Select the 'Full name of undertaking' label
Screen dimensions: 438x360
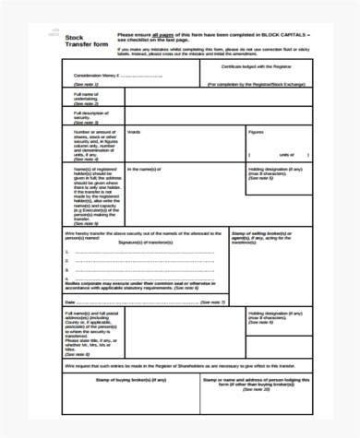pyautogui.click(x=84, y=96)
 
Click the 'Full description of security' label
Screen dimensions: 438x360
pyautogui.click(x=86, y=114)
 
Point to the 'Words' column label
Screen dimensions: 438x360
pyautogui.click(x=134, y=132)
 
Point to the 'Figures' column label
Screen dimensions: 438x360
pyautogui.click(x=255, y=132)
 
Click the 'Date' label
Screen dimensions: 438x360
pyautogui.click(x=70, y=302)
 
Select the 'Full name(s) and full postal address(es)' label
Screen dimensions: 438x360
pyautogui.click(x=89, y=317)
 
